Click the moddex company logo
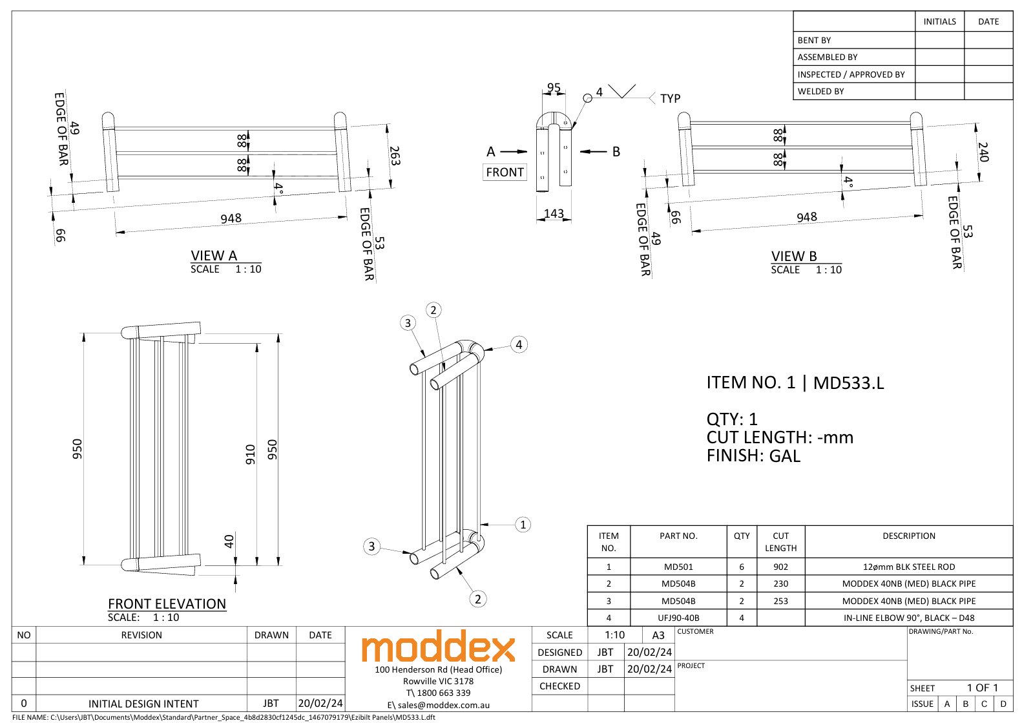pos(438,647)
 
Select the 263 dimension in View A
pos(395,156)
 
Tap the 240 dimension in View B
pos(983,152)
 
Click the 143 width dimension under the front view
pos(554,213)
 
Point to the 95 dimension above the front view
pos(554,88)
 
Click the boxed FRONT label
pos(505,173)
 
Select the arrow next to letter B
pos(593,152)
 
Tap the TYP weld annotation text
pos(670,98)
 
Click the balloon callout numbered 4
pos(519,344)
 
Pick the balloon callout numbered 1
pos(523,525)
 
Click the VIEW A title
pos(214,256)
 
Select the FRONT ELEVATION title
pos(167,603)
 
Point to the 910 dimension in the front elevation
pos(251,454)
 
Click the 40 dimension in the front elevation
pos(229,541)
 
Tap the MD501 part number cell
pos(678,567)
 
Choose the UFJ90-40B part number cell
pos(678,618)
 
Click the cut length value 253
pos(780,601)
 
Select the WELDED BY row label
pos(820,91)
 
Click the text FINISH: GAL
pos(753,456)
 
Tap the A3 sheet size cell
pos(658,635)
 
